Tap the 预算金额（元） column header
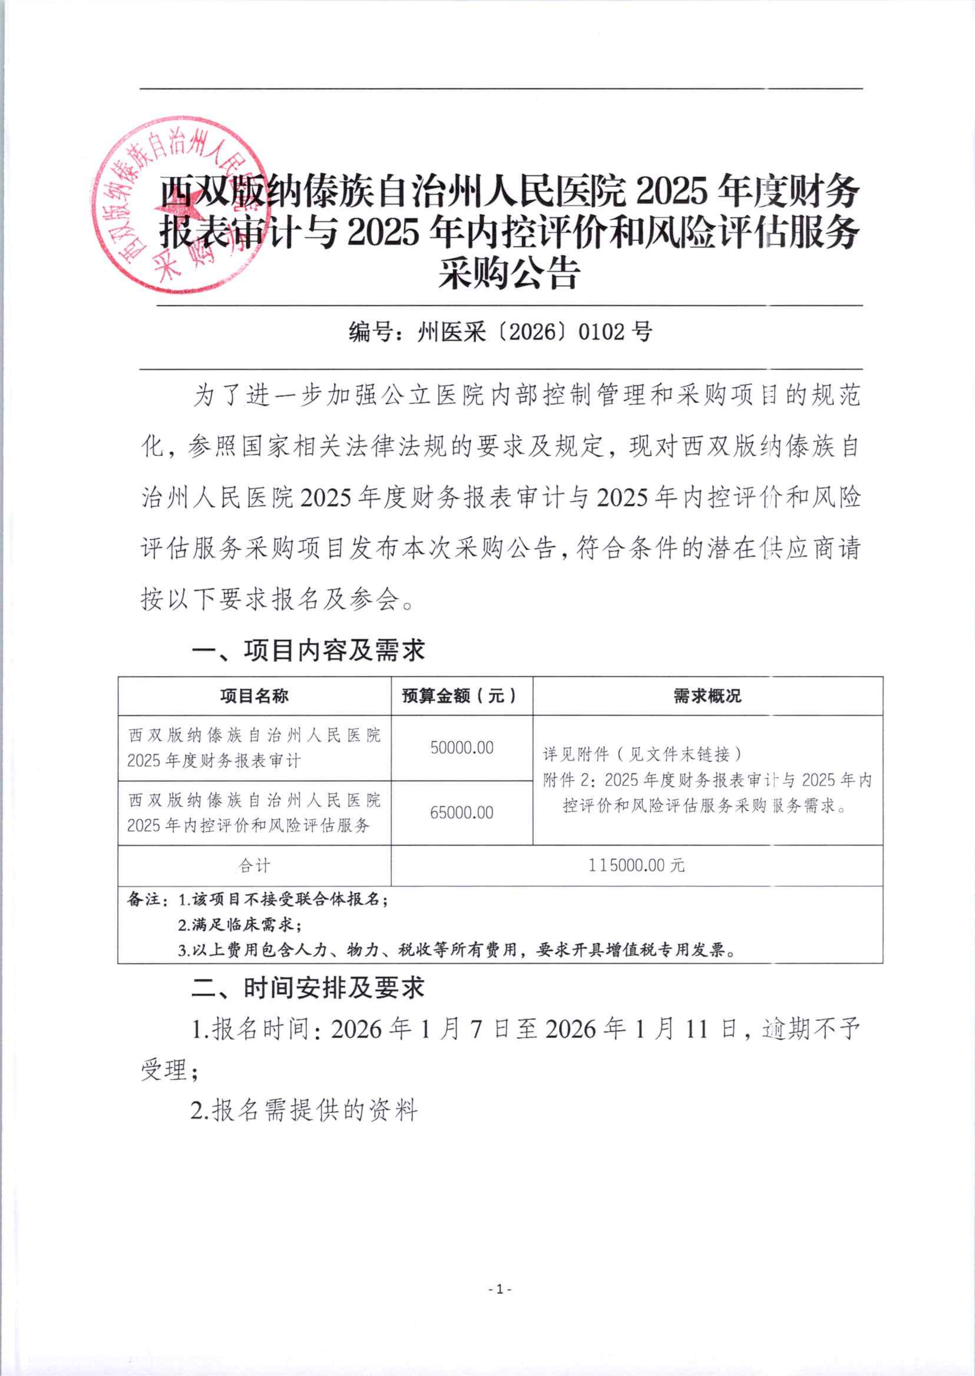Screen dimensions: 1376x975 pos(461,696)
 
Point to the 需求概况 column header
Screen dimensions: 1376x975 pos(707,696)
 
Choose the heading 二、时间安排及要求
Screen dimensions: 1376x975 pos(308,988)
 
